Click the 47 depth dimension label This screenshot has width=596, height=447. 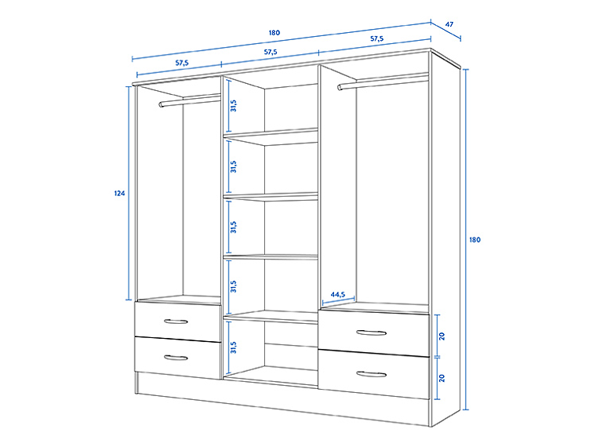pos(449,24)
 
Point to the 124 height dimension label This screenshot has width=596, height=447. pos(119,193)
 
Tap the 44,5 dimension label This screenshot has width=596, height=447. pos(338,295)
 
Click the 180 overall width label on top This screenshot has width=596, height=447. pos(274,33)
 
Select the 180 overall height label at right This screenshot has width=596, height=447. pos(474,240)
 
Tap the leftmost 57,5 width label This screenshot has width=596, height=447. pos(181,62)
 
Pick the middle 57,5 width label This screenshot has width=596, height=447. pos(270,52)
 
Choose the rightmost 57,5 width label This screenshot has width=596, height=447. pos(376,38)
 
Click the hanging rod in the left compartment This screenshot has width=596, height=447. pos(189,100)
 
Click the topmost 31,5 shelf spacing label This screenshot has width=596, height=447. pos(233,105)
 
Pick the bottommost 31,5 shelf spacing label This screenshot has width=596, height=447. pos(233,346)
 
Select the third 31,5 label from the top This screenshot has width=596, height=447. pos(233,227)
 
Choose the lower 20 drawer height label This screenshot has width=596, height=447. pos(443,377)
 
